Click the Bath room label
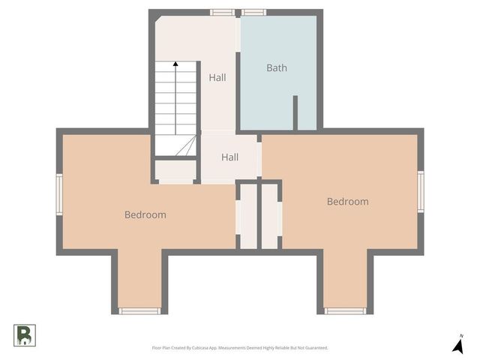click(x=277, y=68)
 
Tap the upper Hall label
click(x=217, y=77)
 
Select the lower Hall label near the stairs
click(x=229, y=157)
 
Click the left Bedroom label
click(x=145, y=214)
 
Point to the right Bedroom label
click(x=347, y=201)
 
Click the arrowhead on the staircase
click(x=175, y=65)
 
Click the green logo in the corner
click(x=25, y=334)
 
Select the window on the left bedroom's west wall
click(x=59, y=193)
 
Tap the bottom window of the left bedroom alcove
click(x=139, y=310)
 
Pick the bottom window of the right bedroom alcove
click(x=345, y=310)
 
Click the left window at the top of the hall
click(x=221, y=12)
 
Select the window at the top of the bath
click(x=253, y=12)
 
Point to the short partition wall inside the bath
click(x=295, y=112)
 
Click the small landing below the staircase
click(x=175, y=170)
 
